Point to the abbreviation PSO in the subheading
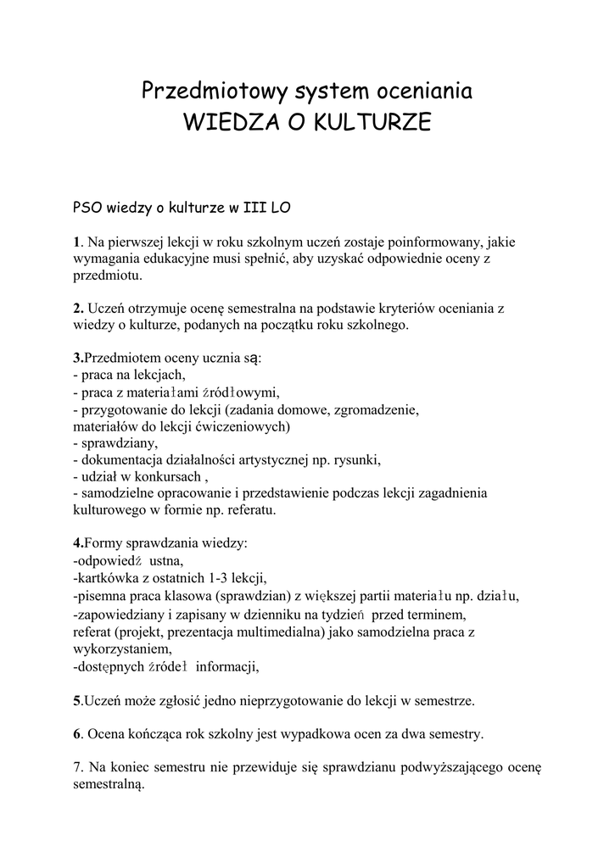[x=88, y=206]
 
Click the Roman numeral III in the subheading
[x=255, y=206]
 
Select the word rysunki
[x=356, y=459]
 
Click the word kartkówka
[x=109, y=578]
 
